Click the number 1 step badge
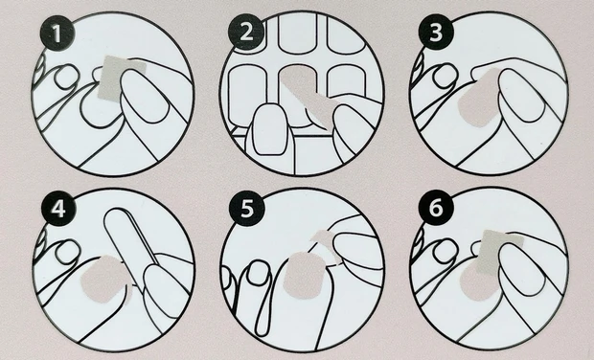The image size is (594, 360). click(57, 34)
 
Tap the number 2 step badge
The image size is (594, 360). click(246, 33)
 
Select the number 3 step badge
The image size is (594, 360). click(436, 33)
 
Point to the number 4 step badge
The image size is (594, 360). click(58, 209)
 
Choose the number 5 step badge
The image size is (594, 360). click(247, 208)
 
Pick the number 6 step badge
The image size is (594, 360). click(436, 208)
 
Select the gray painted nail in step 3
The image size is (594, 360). click(478, 100)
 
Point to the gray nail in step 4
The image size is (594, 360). click(103, 280)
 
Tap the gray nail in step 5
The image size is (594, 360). click(303, 276)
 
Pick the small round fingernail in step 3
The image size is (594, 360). click(445, 77)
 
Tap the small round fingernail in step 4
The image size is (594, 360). click(68, 253)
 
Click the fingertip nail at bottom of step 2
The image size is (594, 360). click(269, 129)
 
